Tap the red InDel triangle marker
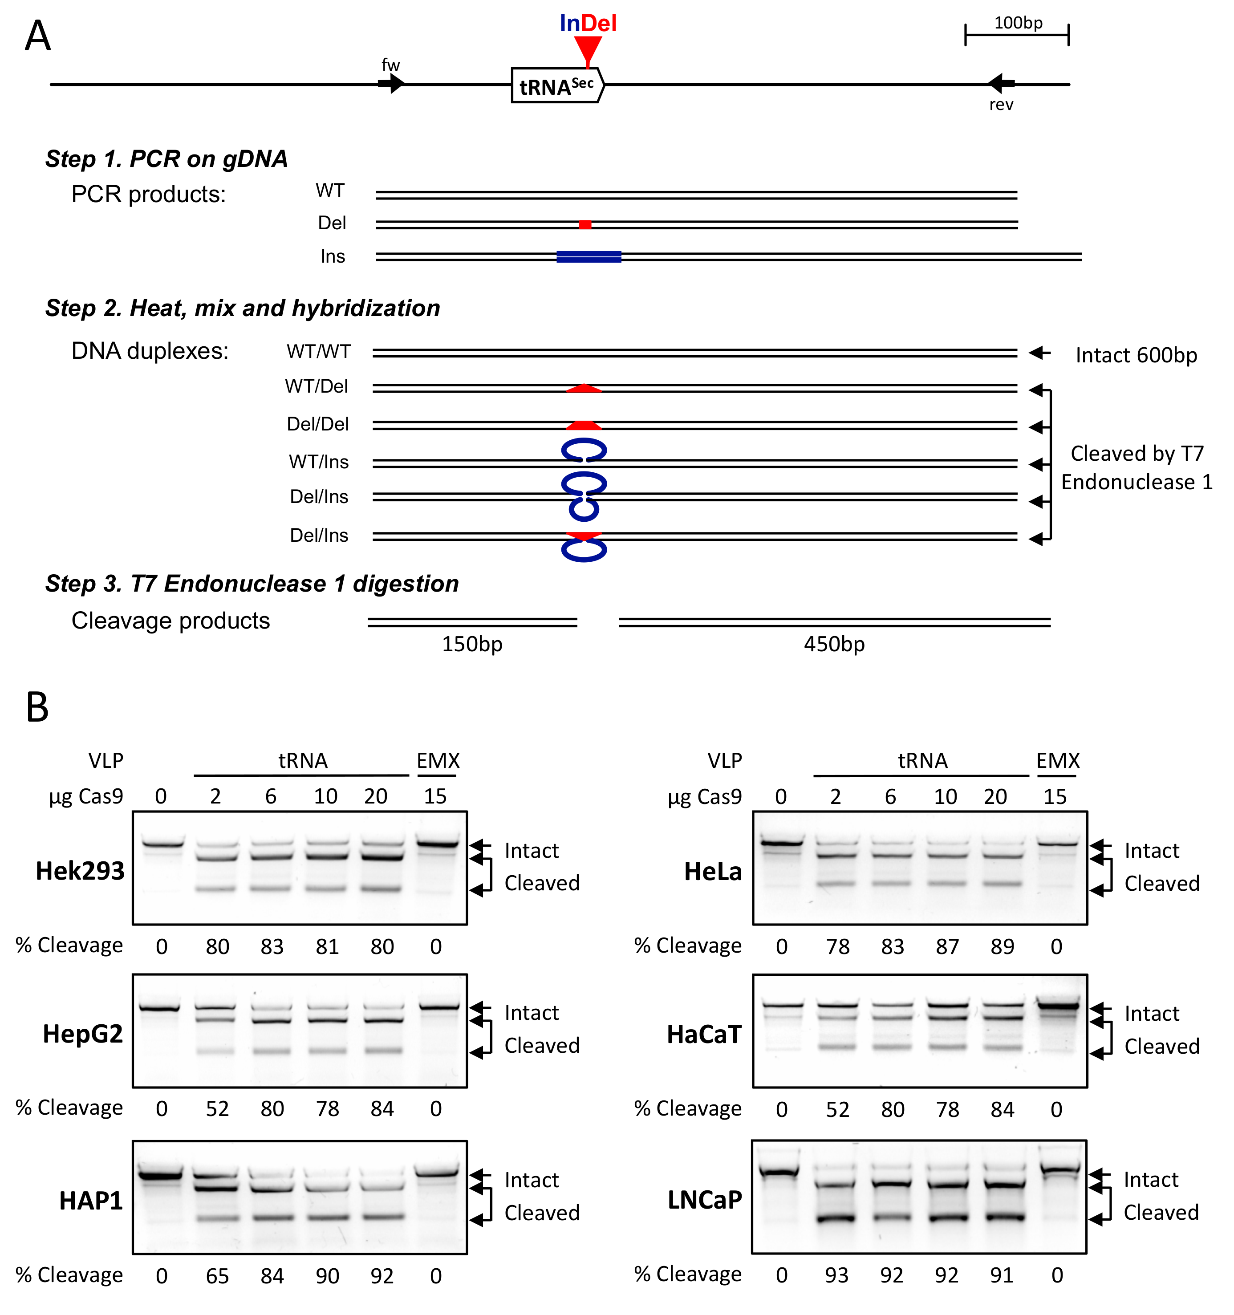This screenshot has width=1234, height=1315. [x=587, y=49]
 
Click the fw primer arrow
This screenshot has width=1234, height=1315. [x=391, y=84]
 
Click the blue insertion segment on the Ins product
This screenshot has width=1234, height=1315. [x=589, y=257]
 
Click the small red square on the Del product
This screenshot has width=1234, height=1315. [x=585, y=225]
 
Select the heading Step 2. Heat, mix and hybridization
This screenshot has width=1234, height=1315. [x=242, y=308]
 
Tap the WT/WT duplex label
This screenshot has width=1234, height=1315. [x=319, y=352]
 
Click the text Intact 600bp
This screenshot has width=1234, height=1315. [x=1136, y=355]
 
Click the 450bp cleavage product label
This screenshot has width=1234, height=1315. [x=834, y=644]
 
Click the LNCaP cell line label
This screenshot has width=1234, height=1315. [x=705, y=1200]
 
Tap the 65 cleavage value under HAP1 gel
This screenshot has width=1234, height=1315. [x=217, y=1276]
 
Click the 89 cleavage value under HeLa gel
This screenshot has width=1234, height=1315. [x=1002, y=946]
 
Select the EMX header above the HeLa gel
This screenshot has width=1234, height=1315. [x=1057, y=761]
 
